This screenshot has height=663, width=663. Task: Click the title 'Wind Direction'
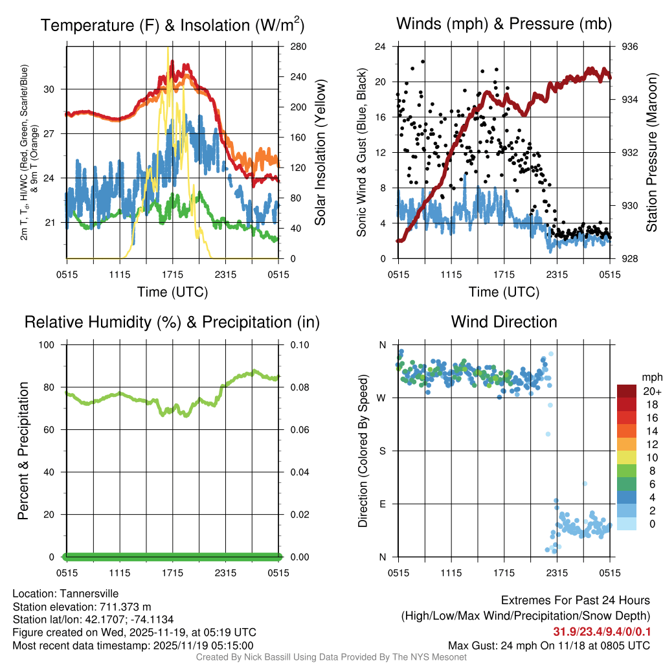[504, 322]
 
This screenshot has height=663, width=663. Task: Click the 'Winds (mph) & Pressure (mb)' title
[504, 25]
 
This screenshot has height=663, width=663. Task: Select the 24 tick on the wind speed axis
[381, 47]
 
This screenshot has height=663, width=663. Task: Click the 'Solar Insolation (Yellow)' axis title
[320, 153]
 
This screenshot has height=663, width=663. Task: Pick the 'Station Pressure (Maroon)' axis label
[652, 153]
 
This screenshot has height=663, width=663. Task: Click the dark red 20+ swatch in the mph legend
[627, 391]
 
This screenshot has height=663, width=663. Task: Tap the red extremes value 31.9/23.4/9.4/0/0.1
[601, 631]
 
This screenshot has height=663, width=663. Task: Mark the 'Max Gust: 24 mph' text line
[549, 646]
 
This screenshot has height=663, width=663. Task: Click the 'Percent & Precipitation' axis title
[23, 451]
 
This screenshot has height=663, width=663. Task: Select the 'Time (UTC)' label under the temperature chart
[172, 292]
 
